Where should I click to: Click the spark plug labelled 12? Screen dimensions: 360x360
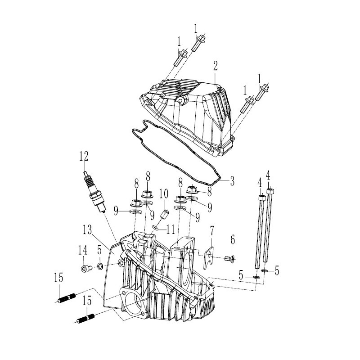(95, 192)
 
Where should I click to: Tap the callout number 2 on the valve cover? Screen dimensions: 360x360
(215, 66)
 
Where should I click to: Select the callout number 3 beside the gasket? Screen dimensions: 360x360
(232, 181)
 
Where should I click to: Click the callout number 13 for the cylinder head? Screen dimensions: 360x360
(87, 229)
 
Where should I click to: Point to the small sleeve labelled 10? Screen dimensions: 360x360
(165, 215)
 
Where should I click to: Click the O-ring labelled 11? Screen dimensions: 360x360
(155, 228)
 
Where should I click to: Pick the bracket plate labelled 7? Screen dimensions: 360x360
(208, 257)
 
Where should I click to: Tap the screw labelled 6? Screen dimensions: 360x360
(230, 259)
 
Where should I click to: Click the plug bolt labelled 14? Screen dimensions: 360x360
(86, 268)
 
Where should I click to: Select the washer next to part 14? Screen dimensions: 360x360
(100, 266)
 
